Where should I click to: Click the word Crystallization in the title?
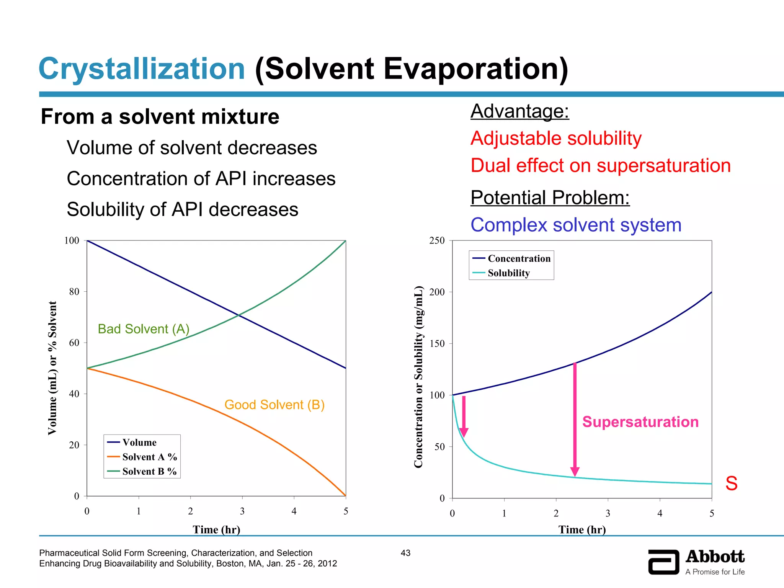pos(142,69)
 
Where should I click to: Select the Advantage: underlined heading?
pos(519,111)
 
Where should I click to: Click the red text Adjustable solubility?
pos(556,138)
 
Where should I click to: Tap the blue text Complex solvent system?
pos(576,225)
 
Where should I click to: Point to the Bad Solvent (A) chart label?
pos(144,329)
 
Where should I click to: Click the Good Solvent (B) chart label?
pos(274,405)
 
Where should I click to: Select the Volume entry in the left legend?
pos(139,443)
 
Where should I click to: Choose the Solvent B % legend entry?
pos(149,472)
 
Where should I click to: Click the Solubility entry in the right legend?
pos(508,273)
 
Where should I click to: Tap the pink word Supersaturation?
pos(640,422)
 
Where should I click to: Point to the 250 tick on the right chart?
pos(437,241)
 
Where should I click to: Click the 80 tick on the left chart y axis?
pos(74,292)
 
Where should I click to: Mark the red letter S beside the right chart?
pos(731,483)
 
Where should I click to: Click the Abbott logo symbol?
pos(663,562)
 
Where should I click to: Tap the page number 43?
pos(405,553)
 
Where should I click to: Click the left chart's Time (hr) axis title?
pos(216,529)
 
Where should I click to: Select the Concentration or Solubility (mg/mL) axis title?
pos(418,377)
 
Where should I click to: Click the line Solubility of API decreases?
pos(182,210)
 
